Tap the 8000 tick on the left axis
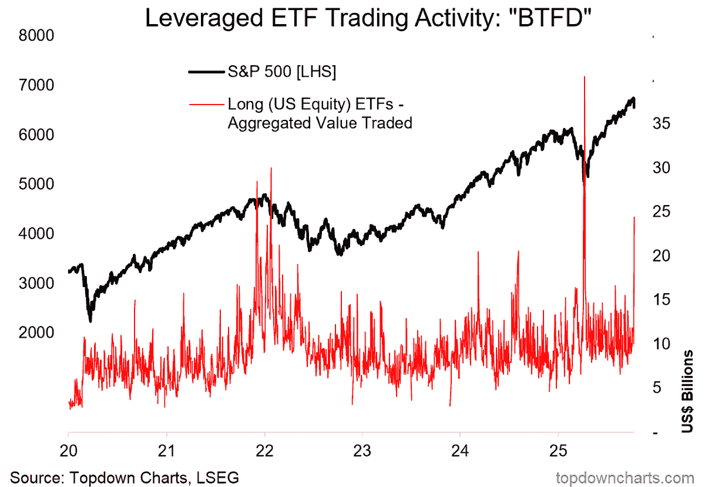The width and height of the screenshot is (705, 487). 38,36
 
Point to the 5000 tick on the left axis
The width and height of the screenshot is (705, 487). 38,184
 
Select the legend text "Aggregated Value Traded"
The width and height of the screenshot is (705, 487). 320,123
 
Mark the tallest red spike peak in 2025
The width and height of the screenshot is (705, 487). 584,77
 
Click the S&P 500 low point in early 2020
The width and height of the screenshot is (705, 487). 90,321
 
